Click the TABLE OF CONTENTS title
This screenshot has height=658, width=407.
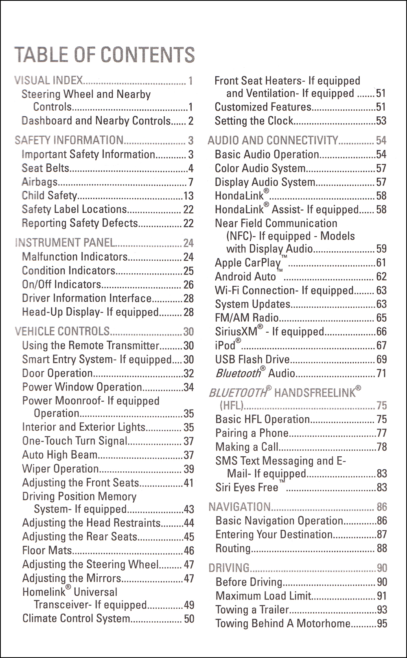(x=105, y=55)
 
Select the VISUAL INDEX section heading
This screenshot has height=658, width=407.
(x=48, y=81)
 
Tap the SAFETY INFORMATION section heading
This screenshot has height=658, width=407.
(x=69, y=140)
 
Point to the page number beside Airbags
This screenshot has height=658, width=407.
(x=190, y=182)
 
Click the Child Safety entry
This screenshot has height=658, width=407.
(x=49, y=196)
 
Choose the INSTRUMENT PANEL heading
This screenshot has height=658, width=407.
(x=65, y=243)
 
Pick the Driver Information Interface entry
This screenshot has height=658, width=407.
(x=87, y=298)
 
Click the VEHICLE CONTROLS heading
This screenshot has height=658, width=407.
(x=62, y=331)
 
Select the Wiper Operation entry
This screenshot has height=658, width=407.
(x=60, y=469)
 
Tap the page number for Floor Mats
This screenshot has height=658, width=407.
(x=189, y=551)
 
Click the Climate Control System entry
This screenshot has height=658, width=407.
(x=76, y=619)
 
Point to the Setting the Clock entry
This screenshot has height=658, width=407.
(x=254, y=121)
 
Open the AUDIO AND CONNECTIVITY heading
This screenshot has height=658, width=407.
(x=273, y=140)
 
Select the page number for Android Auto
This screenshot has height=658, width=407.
(x=381, y=277)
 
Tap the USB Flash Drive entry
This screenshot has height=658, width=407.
(x=252, y=360)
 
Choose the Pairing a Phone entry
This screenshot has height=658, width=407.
(x=252, y=433)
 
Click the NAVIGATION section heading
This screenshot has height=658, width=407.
(x=239, y=507)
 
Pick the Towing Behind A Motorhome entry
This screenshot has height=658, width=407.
(x=283, y=623)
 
